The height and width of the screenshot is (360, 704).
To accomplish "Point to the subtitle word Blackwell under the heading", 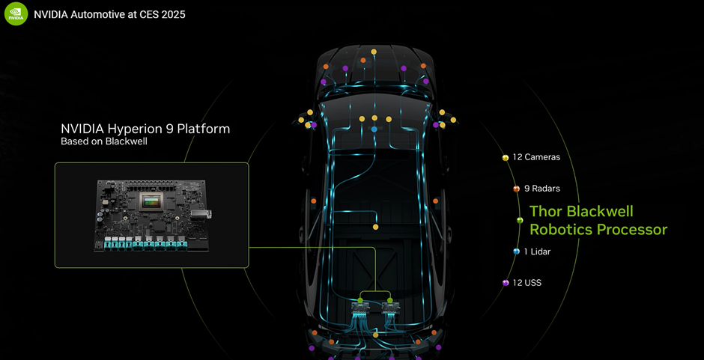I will [121, 141].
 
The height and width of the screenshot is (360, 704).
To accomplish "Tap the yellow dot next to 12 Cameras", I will [506, 158].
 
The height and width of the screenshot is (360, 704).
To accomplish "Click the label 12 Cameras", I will [535, 157].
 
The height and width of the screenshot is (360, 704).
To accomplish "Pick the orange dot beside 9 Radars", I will [516, 189].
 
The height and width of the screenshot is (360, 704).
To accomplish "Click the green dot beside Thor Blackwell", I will [520, 220].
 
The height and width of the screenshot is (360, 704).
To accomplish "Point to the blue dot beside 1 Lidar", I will [516, 251].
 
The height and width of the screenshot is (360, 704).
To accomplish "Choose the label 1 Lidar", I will [538, 251].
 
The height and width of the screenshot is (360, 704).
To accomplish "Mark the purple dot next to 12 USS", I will [506, 283].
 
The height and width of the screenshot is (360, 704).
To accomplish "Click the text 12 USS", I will [527, 283].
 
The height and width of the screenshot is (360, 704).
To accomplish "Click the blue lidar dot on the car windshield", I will [374, 129].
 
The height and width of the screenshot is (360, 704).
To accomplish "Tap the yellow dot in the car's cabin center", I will [376, 227].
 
